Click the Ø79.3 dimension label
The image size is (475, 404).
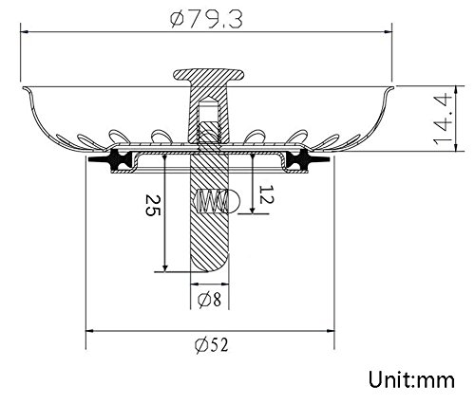click(x=206, y=19)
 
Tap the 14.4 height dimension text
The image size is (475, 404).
click(x=444, y=119)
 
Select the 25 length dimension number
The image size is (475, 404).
click(x=153, y=206)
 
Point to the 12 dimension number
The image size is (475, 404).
click(x=267, y=194)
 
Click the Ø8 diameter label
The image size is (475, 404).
click(x=209, y=299)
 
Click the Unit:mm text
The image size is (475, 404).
click(x=411, y=379)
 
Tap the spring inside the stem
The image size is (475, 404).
click(x=212, y=201)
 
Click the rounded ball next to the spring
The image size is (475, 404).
click(x=235, y=201)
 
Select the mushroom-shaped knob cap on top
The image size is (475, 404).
click(x=209, y=75)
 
